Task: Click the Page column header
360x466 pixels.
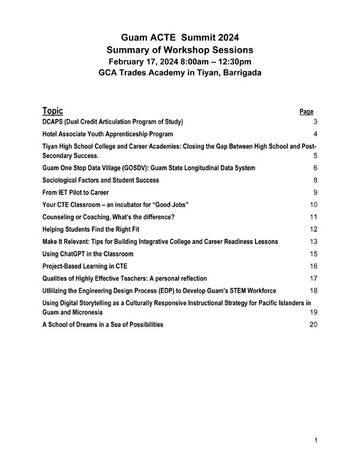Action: tap(306, 112)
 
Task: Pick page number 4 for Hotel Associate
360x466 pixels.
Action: tap(315, 134)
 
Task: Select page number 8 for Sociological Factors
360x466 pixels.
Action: tap(315, 180)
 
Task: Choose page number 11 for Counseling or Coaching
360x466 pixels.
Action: tap(313, 217)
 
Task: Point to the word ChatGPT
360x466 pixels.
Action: tap(79, 254)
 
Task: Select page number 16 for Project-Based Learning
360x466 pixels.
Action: tap(313, 266)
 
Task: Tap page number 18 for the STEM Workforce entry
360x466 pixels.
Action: tap(313, 291)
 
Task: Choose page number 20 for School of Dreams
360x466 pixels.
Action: tap(313, 325)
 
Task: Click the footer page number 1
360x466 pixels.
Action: tap(316, 441)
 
